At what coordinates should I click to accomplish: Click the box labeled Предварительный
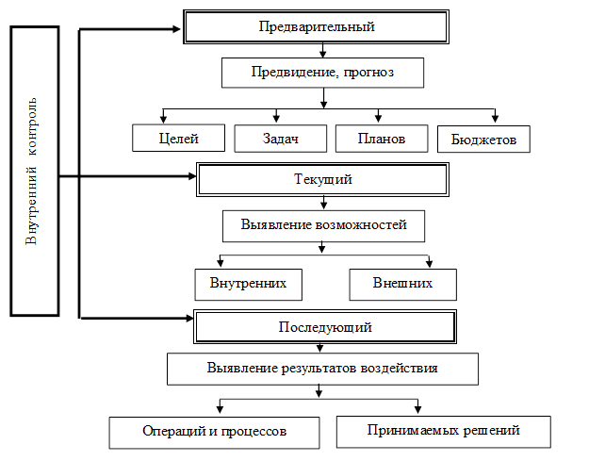point(317,26)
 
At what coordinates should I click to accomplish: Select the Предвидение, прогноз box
point(322,72)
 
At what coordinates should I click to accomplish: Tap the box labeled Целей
point(178,139)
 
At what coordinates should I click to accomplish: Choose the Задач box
point(280,139)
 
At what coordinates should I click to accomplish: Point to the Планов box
point(382,139)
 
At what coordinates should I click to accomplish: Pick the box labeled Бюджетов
point(484,140)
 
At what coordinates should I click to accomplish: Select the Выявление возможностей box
point(323,225)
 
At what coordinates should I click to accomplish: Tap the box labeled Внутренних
point(240,283)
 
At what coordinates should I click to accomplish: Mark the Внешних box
point(402,283)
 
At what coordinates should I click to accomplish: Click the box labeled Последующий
point(325,327)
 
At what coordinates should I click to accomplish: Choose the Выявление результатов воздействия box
point(321,368)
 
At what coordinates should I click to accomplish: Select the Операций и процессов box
point(213,431)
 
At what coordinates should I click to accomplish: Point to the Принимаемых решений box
point(441,431)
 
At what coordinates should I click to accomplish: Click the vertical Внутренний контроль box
point(34,171)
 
